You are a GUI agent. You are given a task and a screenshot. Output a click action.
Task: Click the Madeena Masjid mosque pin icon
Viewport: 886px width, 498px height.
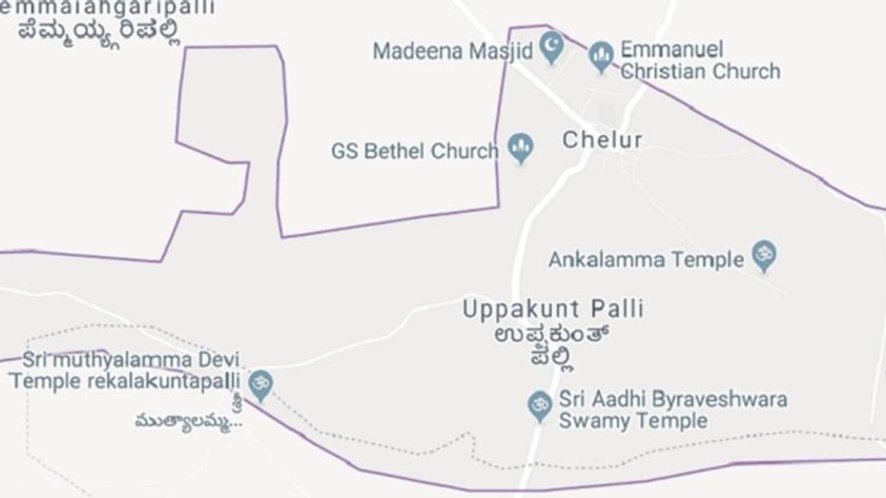click(551, 47)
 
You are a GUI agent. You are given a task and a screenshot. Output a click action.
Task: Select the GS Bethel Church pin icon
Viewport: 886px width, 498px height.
click(521, 147)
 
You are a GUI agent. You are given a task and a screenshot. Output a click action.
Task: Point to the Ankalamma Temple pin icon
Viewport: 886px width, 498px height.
click(764, 256)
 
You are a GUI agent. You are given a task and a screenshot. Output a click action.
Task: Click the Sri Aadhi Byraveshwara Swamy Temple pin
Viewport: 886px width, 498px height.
click(539, 405)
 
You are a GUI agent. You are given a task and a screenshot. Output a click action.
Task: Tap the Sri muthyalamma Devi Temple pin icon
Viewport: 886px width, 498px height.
click(260, 384)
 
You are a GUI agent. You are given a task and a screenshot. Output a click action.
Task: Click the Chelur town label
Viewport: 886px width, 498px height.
click(602, 140)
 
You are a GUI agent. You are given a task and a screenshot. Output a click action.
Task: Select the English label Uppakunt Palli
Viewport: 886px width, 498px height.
click(552, 308)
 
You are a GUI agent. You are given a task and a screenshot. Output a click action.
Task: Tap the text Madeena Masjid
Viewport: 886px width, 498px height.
click(453, 50)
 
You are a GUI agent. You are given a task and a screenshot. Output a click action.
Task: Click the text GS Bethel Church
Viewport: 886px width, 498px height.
click(414, 151)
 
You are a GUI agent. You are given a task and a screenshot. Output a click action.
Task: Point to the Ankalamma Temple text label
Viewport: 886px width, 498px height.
click(646, 260)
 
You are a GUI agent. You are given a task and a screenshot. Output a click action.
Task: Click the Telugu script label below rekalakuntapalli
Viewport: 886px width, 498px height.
click(189, 421)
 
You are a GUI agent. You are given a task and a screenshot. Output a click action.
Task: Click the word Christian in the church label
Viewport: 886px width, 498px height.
click(664, 71)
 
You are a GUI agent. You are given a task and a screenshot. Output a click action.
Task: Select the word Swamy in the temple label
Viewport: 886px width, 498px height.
click(594, 421)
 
